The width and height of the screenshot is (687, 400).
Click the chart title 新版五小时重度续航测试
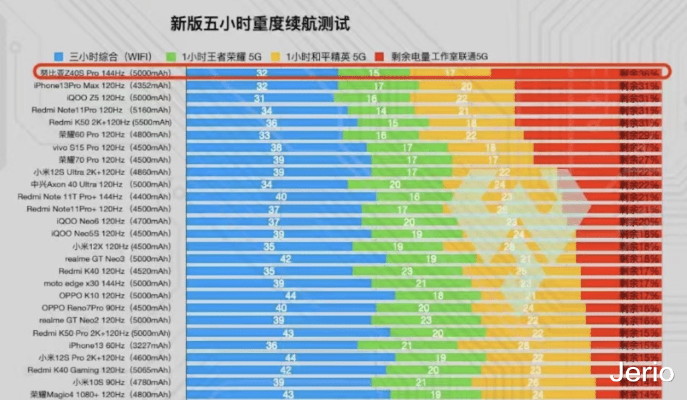click(x=260, y=24)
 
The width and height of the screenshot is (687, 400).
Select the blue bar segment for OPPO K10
click(x=290, y=296)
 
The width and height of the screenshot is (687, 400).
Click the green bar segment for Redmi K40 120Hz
click(x=407, y=271)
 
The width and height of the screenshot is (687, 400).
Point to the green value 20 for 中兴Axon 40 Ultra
click(x=395, y=184)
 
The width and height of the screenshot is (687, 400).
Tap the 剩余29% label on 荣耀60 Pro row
click(x=639, y=135)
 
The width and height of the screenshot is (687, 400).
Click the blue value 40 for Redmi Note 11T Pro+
click(x=281, y=197)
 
